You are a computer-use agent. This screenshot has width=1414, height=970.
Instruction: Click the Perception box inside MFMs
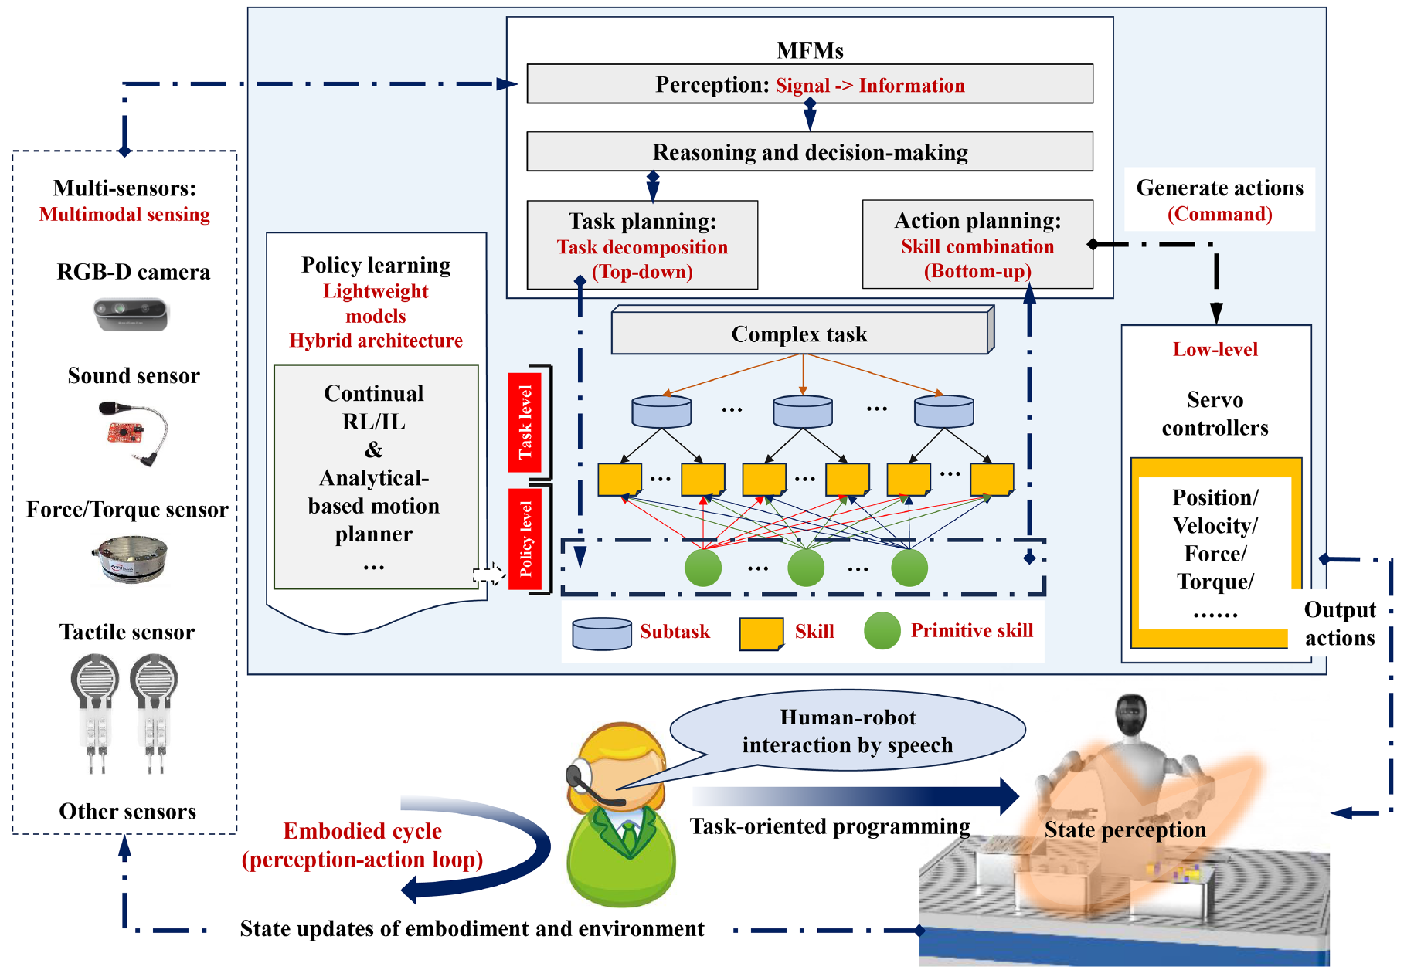click(809, 84)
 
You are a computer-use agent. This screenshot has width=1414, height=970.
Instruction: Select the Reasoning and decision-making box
click(809, 151)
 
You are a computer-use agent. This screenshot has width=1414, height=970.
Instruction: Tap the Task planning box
click(642, 246)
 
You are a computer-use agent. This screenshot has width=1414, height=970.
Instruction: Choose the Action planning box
click(977, 245)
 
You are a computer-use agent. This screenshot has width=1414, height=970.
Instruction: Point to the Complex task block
click(800, 334)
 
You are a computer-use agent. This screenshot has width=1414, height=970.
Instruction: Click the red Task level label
click(525, 422)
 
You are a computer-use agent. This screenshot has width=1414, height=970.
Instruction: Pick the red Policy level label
click(525, 538)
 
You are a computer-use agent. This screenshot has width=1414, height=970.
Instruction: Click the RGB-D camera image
click(131, 314)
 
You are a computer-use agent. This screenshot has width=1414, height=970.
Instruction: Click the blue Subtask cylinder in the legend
click(602, 633)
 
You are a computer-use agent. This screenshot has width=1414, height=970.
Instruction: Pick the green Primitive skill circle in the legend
click(882, 631)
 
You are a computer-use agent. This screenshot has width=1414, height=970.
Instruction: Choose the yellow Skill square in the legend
click(761, 633)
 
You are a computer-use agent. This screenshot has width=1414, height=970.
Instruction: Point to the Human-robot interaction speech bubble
click(848, 731)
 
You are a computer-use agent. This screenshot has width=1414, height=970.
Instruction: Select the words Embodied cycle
click(362, 831)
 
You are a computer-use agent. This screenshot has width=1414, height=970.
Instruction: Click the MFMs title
click(809, 51)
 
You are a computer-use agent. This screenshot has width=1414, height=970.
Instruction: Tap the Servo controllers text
click(1215, 414)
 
